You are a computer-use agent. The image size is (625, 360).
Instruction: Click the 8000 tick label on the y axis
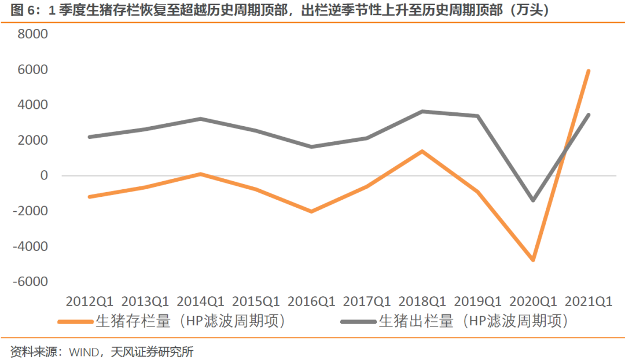(32, 34)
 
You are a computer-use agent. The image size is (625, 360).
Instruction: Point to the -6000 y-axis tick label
(30, 281)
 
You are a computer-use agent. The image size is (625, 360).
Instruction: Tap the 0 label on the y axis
(44, 175)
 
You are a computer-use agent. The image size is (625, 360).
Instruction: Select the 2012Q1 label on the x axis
(90, 302)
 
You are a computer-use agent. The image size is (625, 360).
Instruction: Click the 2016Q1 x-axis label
(311, 302)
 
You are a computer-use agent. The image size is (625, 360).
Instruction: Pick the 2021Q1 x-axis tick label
(589, 302)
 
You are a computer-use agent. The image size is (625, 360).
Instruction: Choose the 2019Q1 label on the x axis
(477, 302)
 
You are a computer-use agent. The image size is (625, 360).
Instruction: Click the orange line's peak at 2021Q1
(589, 71)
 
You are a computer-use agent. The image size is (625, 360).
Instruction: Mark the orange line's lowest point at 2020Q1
(533, 259)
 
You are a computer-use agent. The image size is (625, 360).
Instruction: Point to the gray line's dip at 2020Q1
(533, 200)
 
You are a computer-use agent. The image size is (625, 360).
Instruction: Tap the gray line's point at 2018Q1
(422, 112)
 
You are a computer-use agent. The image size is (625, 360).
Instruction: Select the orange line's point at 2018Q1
(422, 152)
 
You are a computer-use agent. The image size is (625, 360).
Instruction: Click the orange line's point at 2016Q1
(311, 211)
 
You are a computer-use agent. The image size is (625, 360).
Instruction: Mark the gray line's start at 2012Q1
(90, 137)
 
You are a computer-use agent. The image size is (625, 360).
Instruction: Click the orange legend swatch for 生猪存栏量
(76, 322)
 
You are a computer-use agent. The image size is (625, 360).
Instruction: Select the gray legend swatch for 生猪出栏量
(359, 322)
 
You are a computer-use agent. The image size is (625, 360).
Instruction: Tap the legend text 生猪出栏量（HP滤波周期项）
(473, 321)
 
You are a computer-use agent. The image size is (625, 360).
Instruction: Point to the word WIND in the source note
(84, 352)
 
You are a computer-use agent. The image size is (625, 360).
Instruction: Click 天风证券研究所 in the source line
(152, 352)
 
